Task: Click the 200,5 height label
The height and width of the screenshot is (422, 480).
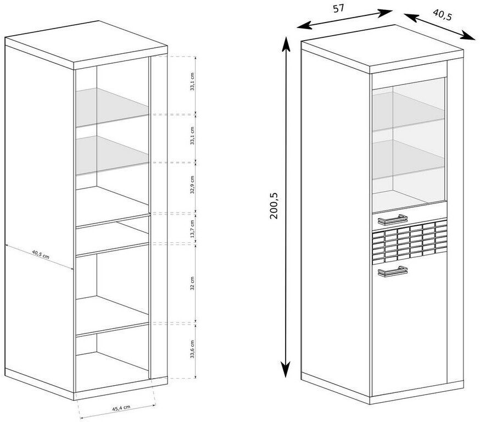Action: (x=274, y=206)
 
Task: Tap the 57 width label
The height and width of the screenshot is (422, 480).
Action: (x=338, y=9)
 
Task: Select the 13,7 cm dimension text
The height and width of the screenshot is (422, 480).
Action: (x=192, y=229)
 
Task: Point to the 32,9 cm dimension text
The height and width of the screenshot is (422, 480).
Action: (x=192, y=185)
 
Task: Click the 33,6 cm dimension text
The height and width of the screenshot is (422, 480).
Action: (x=192, y=349)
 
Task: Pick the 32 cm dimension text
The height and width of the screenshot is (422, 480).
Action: (x=192, y=284)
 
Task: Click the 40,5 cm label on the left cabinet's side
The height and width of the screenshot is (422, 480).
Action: (x=41, y=254)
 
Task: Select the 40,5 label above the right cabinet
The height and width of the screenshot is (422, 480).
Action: (x=442, y=14)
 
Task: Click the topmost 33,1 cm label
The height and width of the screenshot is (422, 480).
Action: (x=192, y=82)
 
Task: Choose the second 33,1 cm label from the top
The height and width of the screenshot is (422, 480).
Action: (x=192, y=136)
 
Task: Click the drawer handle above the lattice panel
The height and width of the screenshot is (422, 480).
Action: (x=393, y=220)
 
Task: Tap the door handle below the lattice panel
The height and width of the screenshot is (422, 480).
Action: (x=393, y=271)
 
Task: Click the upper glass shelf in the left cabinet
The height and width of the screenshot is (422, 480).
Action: (x=112, y=107)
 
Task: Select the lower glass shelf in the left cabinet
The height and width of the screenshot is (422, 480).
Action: (x=112, y=155)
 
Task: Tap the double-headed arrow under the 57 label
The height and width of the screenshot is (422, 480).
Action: (x=345, y=19)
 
